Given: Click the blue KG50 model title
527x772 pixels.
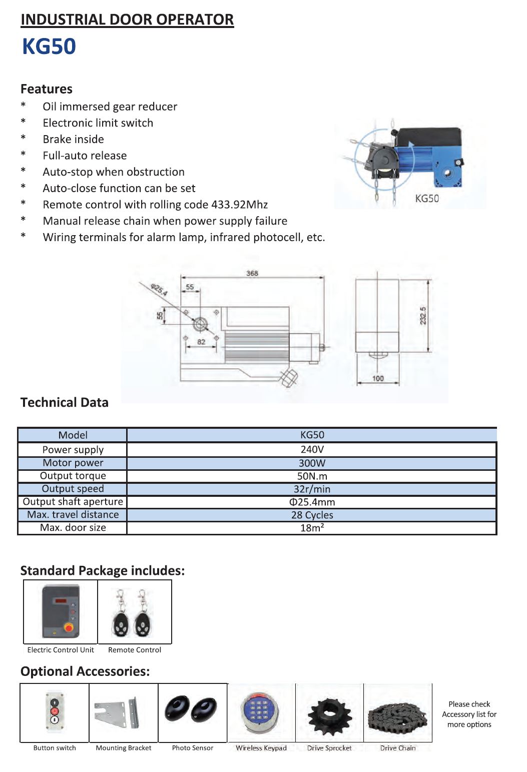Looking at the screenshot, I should click(49, 47).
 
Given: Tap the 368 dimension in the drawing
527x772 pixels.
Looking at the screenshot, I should click(252, 273).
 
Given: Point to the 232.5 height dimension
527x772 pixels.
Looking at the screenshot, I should click(423, 316).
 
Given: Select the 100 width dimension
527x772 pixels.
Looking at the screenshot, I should click(378, 378).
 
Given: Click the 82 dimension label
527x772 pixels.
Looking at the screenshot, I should click(201, 342).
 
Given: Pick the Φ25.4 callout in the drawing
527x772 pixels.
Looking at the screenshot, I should click(159, 289).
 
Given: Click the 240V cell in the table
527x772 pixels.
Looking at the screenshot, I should click(312, 449).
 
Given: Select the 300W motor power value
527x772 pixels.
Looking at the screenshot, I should click(312, 463).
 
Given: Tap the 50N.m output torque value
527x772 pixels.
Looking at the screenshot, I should click(312, 476).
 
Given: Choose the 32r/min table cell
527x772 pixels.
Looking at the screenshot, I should click(312, 489).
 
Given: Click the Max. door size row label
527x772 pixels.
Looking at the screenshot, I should click(73, 528).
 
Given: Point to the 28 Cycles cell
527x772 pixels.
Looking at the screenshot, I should click(312, 515).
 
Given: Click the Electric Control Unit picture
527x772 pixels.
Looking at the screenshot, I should click(61, 611).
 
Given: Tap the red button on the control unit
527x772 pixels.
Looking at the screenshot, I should click(69, 627).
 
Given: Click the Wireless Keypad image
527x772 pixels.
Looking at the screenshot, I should click(261, 712).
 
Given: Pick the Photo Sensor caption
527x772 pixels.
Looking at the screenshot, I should click(193, 748).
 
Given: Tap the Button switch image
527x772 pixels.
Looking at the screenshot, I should click(55, 713).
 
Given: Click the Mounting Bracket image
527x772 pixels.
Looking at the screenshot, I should click(123, 713).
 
